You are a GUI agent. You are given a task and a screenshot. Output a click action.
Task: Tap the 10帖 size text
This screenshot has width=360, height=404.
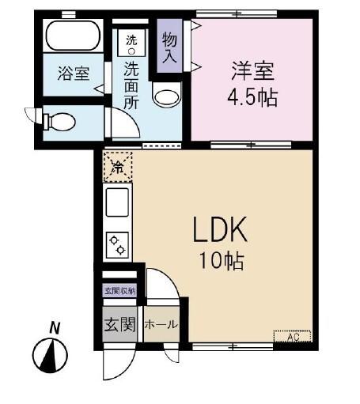click(x=221, y=259)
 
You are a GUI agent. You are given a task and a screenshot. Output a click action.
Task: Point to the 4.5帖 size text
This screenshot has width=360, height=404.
click(x=254, y=99)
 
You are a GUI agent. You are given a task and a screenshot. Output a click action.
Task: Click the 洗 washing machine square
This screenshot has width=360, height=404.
click(x=131, y=41)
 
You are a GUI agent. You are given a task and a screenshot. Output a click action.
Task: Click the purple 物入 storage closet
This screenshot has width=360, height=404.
click(x=169, y=47)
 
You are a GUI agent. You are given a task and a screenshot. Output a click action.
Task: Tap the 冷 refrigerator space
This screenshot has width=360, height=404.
click(x=116, y=166)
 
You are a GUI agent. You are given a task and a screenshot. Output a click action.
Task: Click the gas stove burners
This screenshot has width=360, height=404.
click(x=117, y=244)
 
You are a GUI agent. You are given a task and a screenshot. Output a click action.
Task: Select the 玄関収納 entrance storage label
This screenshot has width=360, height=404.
click(x=119, y=291)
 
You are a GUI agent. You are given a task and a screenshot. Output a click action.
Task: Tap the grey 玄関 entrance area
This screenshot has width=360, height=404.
click(x=120, y=324)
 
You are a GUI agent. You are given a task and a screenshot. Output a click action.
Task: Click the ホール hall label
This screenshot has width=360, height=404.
click(x=161, y=325)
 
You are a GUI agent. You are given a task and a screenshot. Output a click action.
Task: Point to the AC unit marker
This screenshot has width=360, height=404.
click(x=293, y=338)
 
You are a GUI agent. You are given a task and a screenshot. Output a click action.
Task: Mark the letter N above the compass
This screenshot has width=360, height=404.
click(x=54, y=327)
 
